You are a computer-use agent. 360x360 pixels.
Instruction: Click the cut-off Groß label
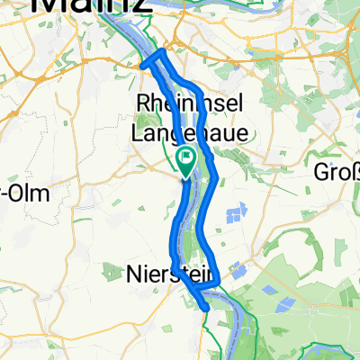tap(336, 170)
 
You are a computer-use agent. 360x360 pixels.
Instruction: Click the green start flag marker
tap(186, 160)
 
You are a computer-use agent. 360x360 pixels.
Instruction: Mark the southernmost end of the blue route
tap(209, 308)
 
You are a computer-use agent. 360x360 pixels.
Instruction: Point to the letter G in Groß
tap(320, 170)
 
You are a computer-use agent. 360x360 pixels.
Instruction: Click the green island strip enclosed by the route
tap(197, 216)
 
